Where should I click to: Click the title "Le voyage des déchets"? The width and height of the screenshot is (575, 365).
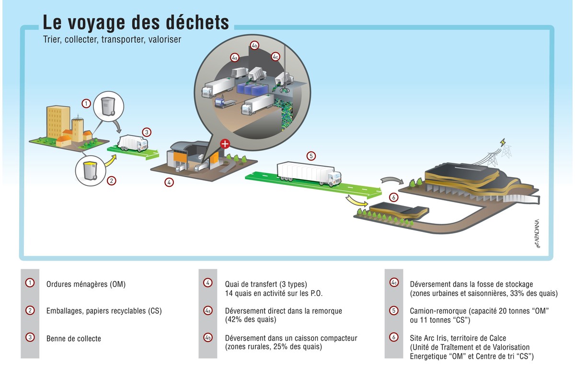tap(136, 23)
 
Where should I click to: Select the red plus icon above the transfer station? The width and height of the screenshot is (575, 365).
tap(224, 144)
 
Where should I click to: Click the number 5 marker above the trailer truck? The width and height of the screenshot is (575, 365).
tap(311, 156)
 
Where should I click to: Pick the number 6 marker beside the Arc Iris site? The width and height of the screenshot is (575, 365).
tap(393, 197)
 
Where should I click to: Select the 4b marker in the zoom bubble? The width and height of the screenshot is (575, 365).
tap(254, 46)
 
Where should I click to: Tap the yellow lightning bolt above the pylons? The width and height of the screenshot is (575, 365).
tap(502, 142)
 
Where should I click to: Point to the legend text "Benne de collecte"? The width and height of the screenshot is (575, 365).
tap(74, 338)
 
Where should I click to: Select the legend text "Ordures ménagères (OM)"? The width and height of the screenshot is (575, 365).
tap(86, 284)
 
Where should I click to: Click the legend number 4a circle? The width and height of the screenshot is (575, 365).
tap(208, 310)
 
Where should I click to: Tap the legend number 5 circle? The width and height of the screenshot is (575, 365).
tap(393, 310)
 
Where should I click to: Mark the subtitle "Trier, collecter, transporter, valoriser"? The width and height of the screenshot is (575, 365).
tap(112, 40)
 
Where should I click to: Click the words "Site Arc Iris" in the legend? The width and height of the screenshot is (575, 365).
tap(429, 338)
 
